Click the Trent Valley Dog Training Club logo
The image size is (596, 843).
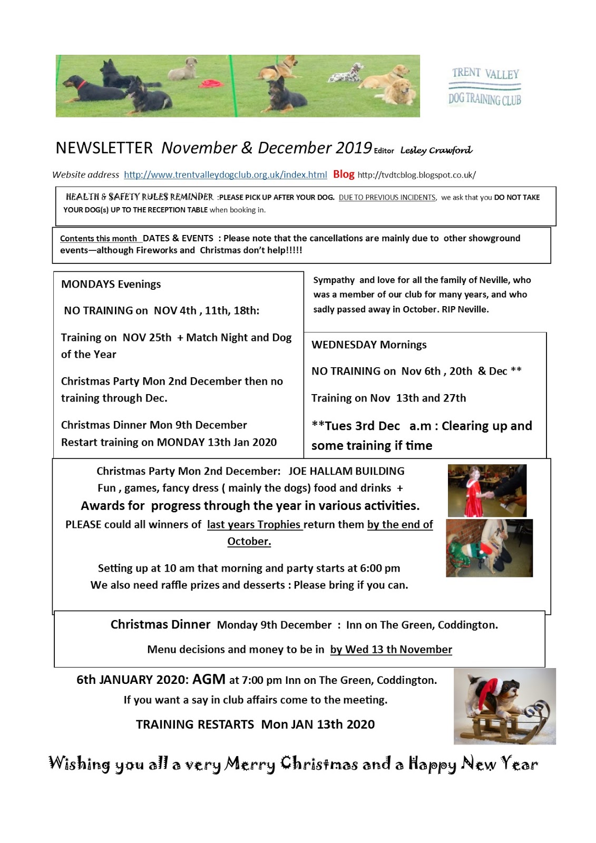(x=485, y=86)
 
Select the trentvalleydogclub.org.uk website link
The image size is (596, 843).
(x=226, y=175)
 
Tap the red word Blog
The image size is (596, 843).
(x=344, y=174)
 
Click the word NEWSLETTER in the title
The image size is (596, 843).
(x=104, y=148)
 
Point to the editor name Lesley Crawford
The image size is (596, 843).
(x=436, y=150)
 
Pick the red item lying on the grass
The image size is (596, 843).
(x=211, y=84)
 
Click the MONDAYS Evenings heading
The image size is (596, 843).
(x=111, y=285)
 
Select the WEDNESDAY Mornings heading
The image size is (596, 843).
(x=369, y=345)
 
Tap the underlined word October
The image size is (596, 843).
(x=249, y=542)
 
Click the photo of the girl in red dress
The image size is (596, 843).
(x=487, y=491)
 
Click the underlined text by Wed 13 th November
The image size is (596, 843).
(x=391, y=650)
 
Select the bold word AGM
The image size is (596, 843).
(x=209, y=680)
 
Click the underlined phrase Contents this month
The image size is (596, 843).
(x=99, y=239)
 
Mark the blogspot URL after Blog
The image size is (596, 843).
(x=416, y=175)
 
